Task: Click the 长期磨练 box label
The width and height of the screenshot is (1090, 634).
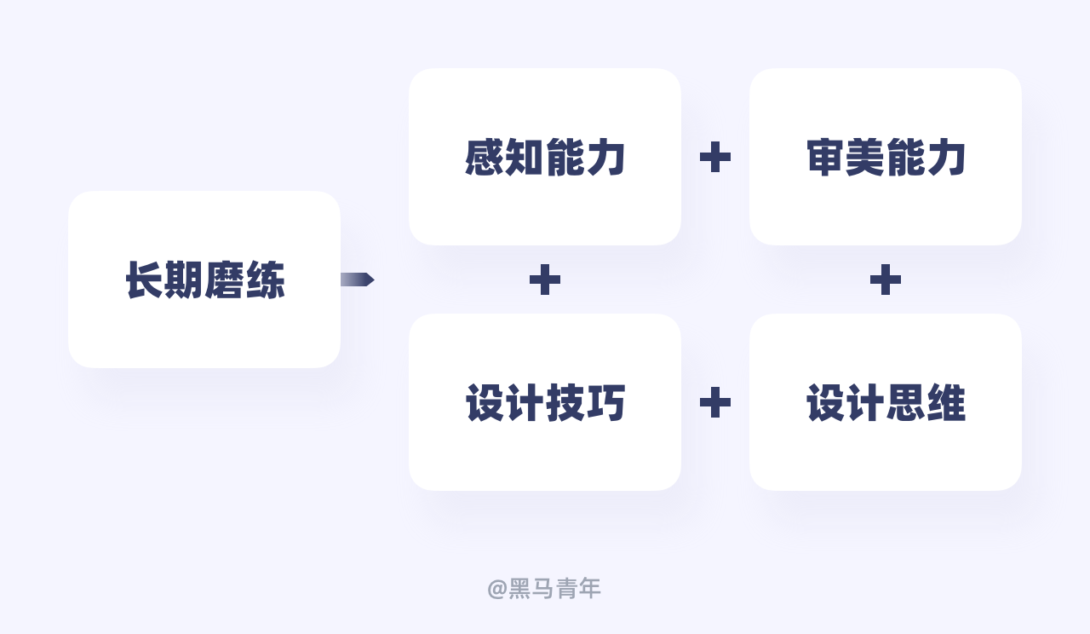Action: coord(204,280)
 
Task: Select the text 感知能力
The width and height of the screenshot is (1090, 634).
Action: coord(545,158)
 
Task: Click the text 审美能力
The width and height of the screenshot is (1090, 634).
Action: coord(886,158)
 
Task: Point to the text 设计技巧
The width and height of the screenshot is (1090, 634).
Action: coord(545,403)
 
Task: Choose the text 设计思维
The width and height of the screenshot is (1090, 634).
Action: coord(886,403)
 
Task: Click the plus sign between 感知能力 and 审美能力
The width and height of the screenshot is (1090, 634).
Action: coord(715,157)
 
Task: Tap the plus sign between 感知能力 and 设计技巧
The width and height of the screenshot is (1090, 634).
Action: coord(545,280)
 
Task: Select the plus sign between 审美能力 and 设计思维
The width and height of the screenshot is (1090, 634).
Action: coord(886,280)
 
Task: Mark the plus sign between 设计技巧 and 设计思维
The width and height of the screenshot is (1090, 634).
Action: coord(715,402)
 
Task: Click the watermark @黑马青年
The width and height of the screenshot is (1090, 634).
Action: coord(544,588)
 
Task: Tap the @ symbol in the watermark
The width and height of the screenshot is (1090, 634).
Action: coord(497,589)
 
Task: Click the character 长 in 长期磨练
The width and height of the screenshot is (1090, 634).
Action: coord(145,280)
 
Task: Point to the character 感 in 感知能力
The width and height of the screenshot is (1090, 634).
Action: coord(485,158)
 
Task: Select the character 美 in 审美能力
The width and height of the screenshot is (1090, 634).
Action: coord(865,158)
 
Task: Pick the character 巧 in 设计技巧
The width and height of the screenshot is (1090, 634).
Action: coord(605,403)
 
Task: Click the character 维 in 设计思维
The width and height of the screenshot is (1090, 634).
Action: coord(946,403)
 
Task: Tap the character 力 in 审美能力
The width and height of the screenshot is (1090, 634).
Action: coord(946,158)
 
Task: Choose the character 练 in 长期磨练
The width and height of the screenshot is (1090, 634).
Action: coord(265,280)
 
